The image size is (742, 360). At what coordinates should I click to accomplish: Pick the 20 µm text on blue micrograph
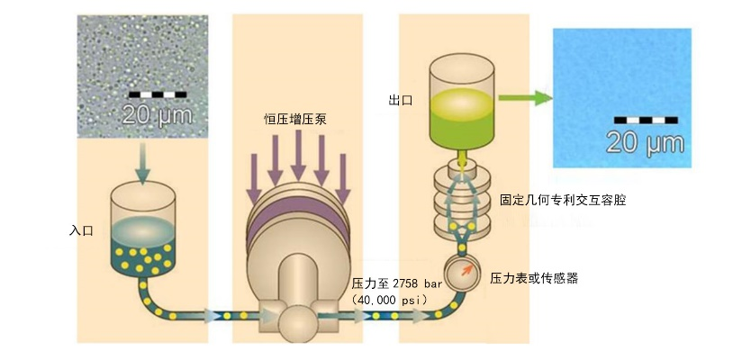[x=644, y=141]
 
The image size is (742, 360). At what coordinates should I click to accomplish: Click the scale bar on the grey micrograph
[x=158, y=93]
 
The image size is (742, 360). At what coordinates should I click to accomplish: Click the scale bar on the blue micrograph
[x=646, y=119]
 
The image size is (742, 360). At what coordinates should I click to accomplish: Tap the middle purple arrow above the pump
[x=297, y=160]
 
